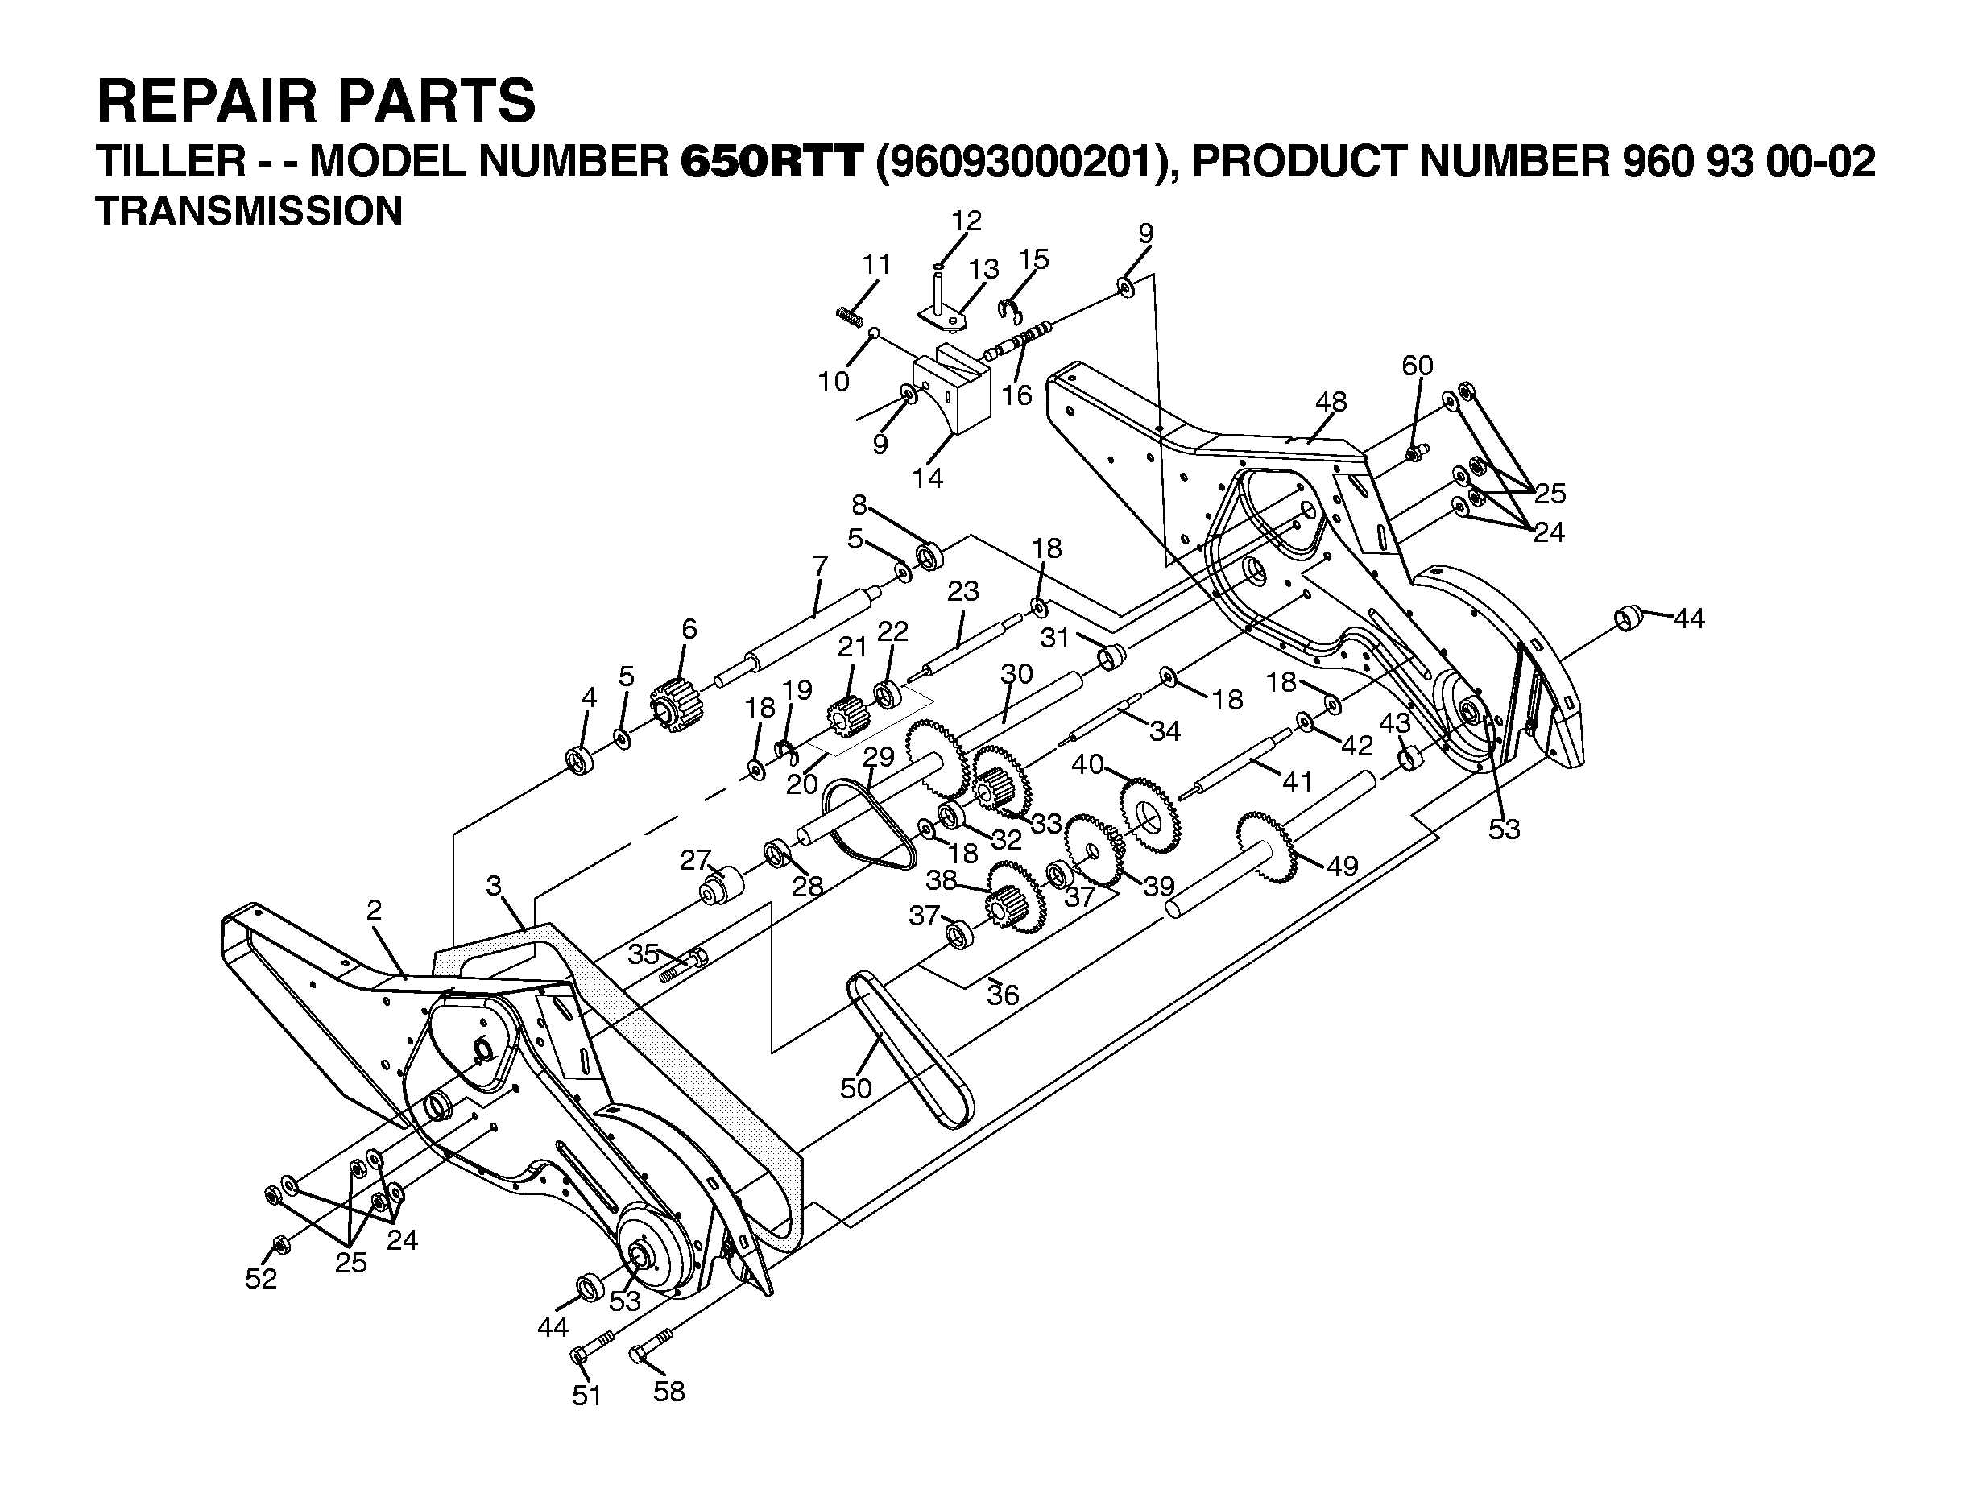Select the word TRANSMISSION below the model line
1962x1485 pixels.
pyautogui.click(x=248, y=211)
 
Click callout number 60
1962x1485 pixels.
pyautogui.click(x=1418, y=365)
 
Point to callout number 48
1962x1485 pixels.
pyautogui.click(x=1331, y=402)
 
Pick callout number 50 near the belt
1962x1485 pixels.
pyautogui.click(x=856, y=1088)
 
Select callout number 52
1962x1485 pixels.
pyautogui.click(x=261, y=1278)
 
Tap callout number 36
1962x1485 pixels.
pyautogui.click(x=1004, y=995)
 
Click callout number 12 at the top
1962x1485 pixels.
pyautogui.click(x=967, y=221)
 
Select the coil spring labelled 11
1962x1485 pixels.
pyautogui.click(x=851, y=315)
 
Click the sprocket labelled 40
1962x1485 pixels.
pyautogui.click(x=1149, y=814)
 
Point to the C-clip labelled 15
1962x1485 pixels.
pyautogui.click(x=1010, y=312)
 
